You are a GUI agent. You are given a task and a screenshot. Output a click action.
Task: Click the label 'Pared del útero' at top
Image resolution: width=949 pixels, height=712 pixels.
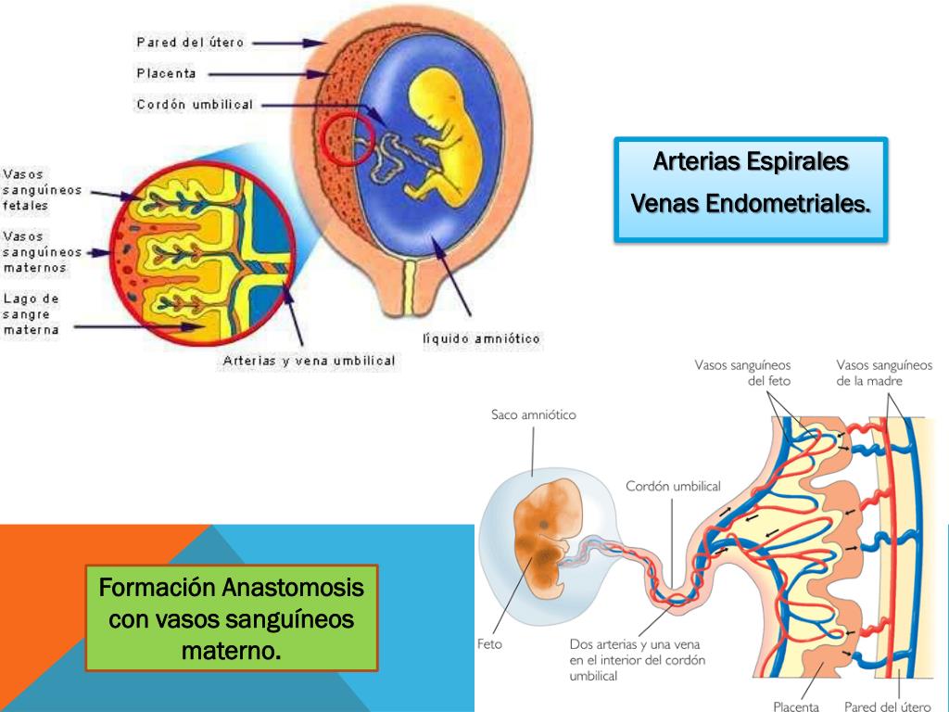(190, 43)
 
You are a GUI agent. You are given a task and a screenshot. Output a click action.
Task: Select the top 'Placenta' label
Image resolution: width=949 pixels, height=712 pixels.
(166, 73)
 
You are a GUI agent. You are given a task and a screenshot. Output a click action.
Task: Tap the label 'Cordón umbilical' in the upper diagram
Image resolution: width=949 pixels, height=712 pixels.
(194, 105)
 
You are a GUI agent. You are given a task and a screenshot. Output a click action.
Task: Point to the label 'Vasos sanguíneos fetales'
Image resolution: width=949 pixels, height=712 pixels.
(42, 189)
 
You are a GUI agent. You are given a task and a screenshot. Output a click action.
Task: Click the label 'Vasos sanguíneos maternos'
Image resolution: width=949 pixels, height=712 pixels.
(42, 251)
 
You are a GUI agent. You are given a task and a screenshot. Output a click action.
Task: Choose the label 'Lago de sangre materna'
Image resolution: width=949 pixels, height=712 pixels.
(32, 314)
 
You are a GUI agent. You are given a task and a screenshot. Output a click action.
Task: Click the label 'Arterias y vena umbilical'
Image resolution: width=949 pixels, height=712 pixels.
(309, 361)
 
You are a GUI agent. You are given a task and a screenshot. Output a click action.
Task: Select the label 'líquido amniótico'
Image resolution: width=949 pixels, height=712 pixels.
(481, 339)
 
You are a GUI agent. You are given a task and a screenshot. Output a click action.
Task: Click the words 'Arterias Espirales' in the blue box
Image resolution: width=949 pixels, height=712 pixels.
(751, 161)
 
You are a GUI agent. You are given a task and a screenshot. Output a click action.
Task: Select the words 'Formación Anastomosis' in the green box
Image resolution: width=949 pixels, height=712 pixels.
(232, 588)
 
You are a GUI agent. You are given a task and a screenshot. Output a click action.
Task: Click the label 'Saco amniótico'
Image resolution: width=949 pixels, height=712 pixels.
(533, 414)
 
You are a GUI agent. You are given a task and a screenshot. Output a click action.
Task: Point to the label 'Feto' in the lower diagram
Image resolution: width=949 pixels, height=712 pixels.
(489, 644)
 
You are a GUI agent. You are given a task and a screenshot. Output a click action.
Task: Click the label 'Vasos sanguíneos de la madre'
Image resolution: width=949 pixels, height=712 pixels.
(881, 373)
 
